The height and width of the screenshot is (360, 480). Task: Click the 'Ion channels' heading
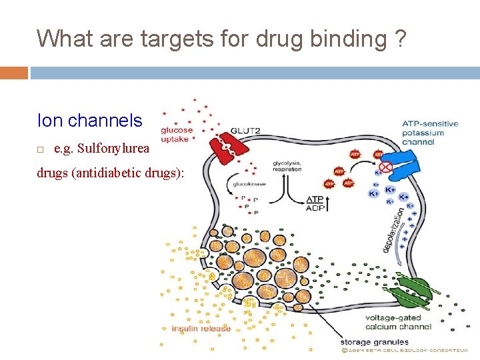89,121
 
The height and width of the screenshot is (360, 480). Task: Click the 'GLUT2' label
245,131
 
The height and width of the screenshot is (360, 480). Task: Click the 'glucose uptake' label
177,134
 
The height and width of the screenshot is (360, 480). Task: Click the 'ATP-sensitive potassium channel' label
429,132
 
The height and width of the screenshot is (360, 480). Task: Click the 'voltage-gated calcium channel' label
399,323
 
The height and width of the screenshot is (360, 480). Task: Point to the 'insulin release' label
201,328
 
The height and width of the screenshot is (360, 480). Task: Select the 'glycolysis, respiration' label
287,166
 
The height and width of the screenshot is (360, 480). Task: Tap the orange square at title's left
14,72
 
